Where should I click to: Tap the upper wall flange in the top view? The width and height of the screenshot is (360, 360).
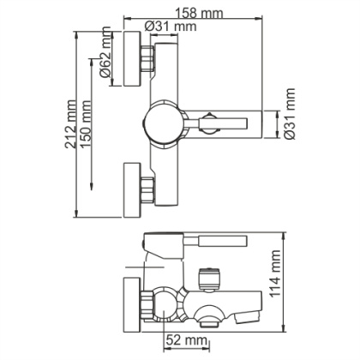[132, 59]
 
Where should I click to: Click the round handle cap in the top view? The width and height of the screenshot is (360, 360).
[164, 121]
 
